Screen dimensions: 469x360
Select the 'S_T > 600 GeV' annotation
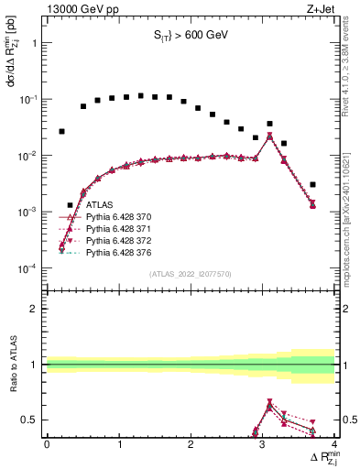[x=190, y=36]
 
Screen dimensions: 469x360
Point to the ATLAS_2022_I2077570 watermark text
[x=191, y=272]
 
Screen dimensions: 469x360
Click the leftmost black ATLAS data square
[x=61, y=131]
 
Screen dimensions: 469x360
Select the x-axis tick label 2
[x=191, y=442]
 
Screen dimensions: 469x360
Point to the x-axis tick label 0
[x=47, y=442]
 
